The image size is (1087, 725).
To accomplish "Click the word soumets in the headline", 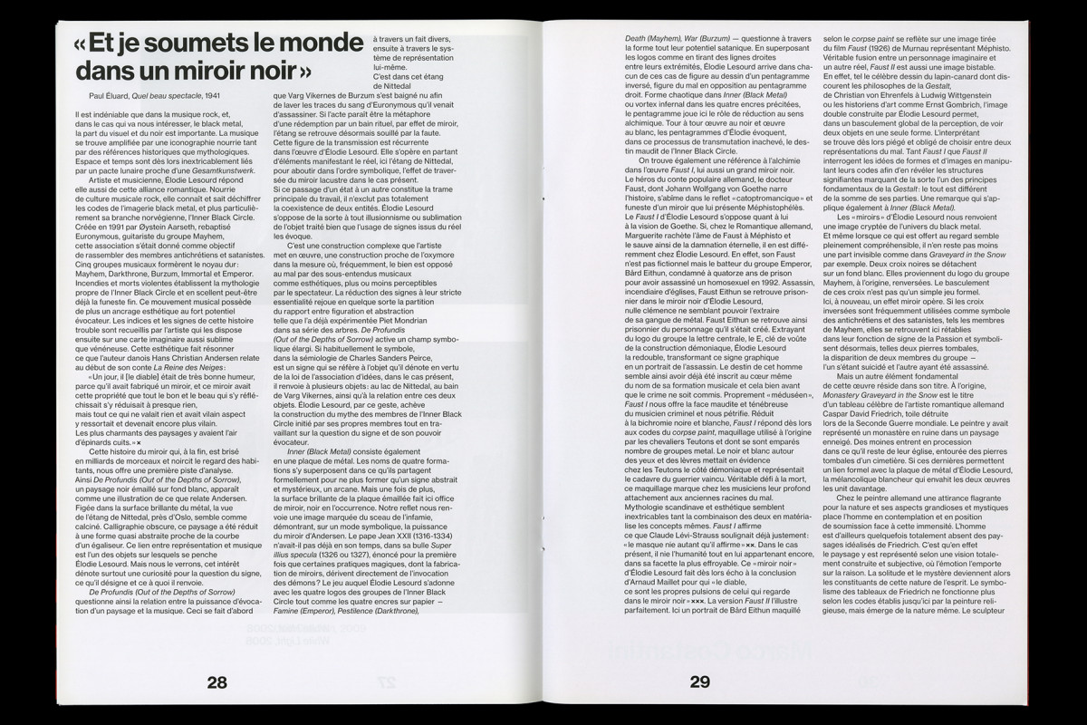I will [186, 43].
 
